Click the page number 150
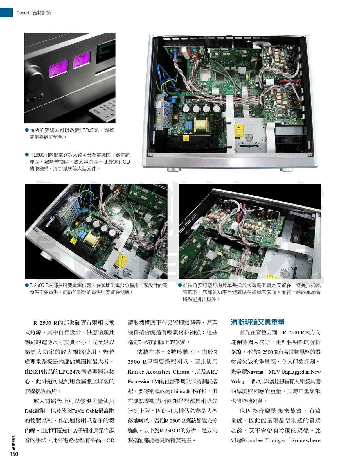(14, 454)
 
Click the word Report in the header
(22, 13)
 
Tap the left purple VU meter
(58, 67)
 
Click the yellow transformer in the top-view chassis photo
(201, 125)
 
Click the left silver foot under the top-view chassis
(174, 170)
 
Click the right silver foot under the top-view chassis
(286, 170)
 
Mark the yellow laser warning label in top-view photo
(239, 131)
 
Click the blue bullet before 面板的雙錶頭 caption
(27, 130)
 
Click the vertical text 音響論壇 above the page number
(13, 442)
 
